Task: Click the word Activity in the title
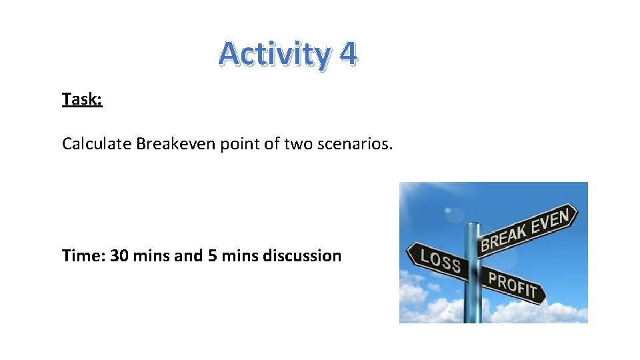pos(274,55)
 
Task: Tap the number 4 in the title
pos(347,53)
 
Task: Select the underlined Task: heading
pos(82,99)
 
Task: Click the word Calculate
pos(97,143)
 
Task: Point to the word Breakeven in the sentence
pos(175,143)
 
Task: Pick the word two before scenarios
pos(297,143)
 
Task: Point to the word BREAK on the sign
pos(506,237)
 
